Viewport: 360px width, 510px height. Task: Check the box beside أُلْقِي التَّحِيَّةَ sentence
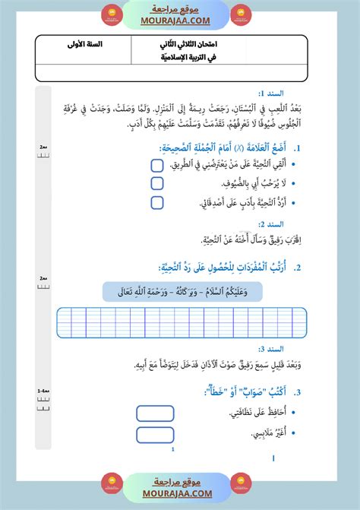(157, 164)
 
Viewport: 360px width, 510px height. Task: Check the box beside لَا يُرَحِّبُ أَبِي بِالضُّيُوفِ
(157, 183)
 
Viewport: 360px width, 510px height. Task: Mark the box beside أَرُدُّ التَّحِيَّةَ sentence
(157, 202)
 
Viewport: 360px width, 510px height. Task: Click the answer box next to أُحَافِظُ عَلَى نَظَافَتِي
(156, 413)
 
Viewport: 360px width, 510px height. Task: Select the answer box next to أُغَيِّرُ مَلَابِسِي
(156, 435)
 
